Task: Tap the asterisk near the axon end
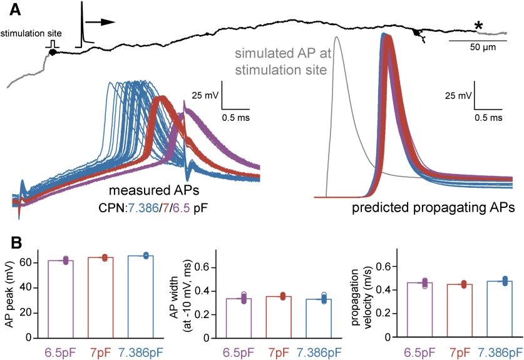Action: pyautogui.click(x=478, y=26)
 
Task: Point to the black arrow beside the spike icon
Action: pyautogui.click(x=100, y=21)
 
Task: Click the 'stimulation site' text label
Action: pyautogui.click(x=28, y=33)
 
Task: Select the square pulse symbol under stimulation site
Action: pyautogui.click(x=52, y=44)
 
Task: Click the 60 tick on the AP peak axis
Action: pyautogui.click(x=29, y=263)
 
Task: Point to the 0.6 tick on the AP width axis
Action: pyautogui.click(x=199, y=267)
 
